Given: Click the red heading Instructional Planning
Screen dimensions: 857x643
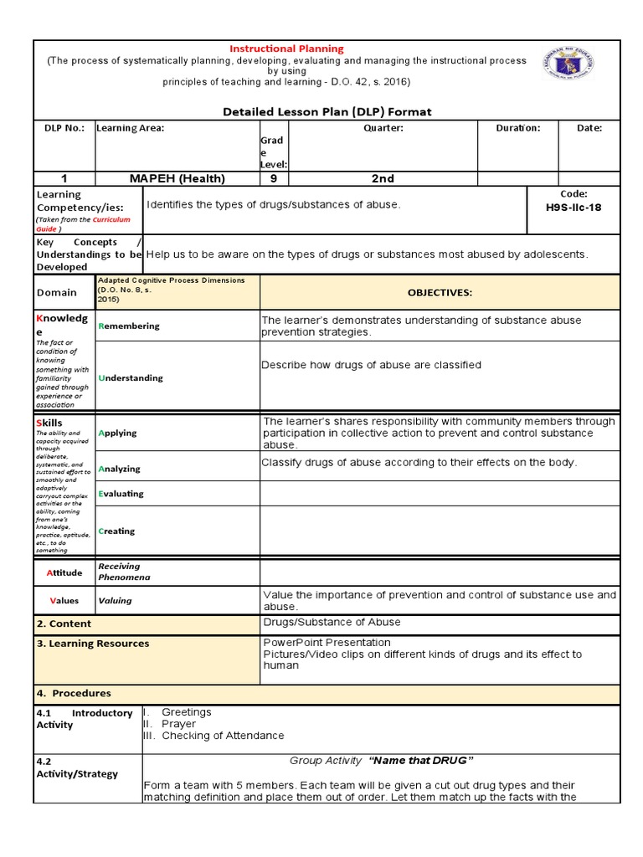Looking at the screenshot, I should click(x=287, y=49).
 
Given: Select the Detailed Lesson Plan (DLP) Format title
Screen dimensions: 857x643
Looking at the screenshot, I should click(x=327, y=111).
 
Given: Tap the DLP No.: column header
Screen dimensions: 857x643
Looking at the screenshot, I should click(x=64, y=128).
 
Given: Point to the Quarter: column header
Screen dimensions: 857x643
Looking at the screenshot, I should click(x=383, y=128).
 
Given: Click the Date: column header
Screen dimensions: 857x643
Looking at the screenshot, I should click(x=589, y=128).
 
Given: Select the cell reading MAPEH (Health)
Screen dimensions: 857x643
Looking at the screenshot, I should click(x=177, y=178).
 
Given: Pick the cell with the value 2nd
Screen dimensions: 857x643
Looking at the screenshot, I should click(x=383, y=178).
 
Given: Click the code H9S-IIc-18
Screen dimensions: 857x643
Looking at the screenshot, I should click(x=574, y=208).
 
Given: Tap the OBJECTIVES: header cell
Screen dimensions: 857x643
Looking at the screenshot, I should click(x=440, y=293).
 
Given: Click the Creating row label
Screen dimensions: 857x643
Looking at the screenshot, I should click(x=116, y=531).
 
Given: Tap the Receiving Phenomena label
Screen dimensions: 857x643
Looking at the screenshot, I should click(x=121, y=572).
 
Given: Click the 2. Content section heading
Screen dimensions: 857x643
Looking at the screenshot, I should click(x=64, y=624).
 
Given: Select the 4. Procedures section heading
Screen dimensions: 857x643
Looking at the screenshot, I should click(x=73, y=693).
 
